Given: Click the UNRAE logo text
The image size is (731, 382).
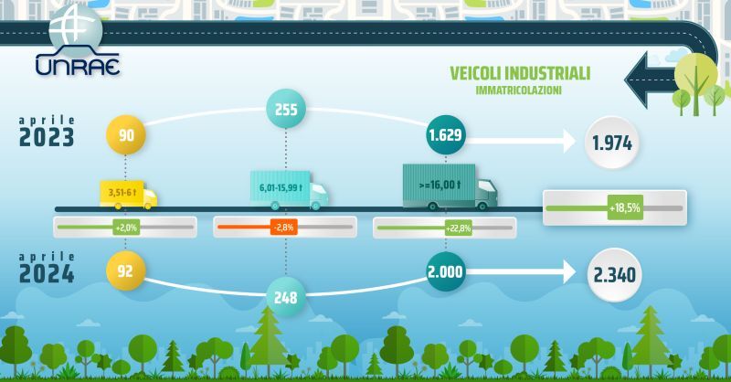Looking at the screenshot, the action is (x=78, y=65).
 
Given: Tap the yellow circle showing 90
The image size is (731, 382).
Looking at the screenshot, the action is (x=126, y=135).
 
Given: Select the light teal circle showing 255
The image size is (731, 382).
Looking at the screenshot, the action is (x=286, y=109).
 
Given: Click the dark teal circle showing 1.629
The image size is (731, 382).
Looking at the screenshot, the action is (x=445, y=134).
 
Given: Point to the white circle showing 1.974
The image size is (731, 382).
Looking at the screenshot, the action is (x=611, y=143).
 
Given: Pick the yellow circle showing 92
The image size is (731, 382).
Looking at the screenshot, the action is (x=125, y=271).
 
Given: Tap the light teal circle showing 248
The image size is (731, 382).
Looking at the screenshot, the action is (x=286, y=297).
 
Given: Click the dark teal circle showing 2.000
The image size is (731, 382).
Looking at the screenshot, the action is (x=445, y=271).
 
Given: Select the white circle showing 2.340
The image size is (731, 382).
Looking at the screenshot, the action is (x=614, y=275).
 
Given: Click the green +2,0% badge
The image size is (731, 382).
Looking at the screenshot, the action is (x=126, y=228).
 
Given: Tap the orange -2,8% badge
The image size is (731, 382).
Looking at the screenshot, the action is (x=284, y=228).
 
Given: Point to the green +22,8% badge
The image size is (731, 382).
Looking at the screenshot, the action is (x=459, y=228).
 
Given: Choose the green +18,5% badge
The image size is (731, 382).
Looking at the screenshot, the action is (x=625, y=207).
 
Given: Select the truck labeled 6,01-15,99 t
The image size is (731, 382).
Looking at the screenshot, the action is (x=289, y=190).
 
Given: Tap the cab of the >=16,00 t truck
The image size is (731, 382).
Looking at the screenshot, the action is (x=486, y=194).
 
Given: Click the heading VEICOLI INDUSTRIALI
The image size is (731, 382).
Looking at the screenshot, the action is (x=520, y=73).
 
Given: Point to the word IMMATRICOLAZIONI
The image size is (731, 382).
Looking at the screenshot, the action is (x=518, y=90).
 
